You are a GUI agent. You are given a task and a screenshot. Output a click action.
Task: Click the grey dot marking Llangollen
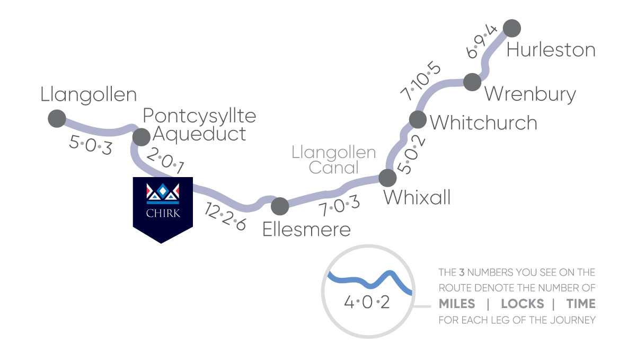coord(57,118)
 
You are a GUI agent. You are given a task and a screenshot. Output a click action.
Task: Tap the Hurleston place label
coord(551,50)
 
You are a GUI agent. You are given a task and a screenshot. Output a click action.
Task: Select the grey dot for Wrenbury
coord(472,82)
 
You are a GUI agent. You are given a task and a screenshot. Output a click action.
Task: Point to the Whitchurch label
coord(483,122)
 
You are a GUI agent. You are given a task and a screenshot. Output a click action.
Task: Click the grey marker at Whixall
coord(388,178)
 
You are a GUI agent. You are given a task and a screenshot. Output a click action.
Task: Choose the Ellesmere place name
coord(307,230)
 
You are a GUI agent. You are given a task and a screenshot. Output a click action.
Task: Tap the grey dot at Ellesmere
coord(279,205)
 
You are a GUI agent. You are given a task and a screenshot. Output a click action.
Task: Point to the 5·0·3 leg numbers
coord(91,145)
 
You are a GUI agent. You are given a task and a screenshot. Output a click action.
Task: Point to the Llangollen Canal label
coord(333,160)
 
